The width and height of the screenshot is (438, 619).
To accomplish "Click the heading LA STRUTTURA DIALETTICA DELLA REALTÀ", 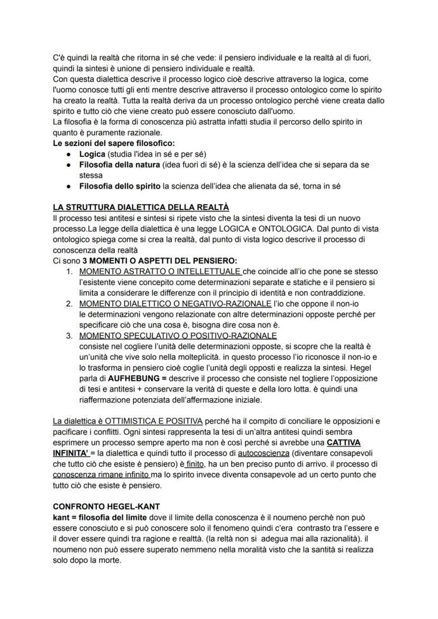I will tap(141, 206).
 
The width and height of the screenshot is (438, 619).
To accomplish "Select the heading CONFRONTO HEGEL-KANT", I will tap(98, 506).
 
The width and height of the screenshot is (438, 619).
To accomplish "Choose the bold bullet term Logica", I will tap(92, 154).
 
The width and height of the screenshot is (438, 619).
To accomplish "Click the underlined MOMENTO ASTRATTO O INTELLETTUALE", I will tap(160, 272).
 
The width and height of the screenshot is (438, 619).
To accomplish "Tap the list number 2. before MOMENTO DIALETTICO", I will tap(69, 304).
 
